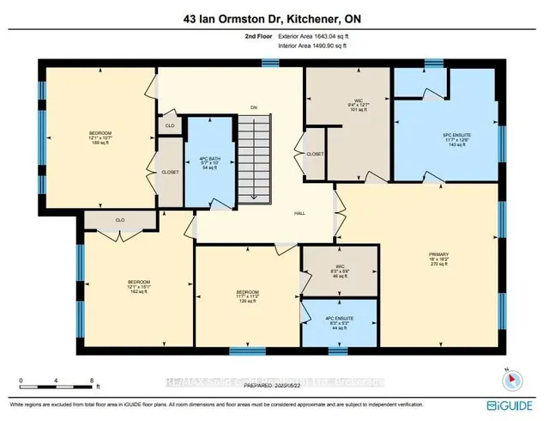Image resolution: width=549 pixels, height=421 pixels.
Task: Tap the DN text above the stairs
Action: click(254, 107)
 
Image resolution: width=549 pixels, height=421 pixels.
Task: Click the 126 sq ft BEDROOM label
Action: click(248, 296)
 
